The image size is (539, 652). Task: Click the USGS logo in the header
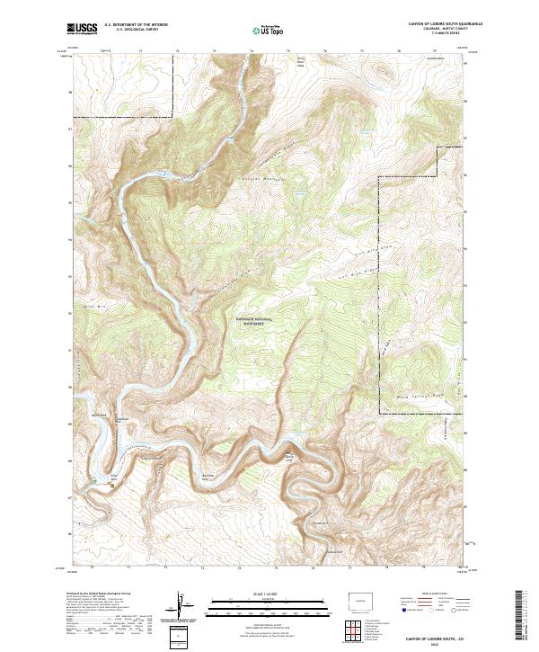click(x=82, y=29)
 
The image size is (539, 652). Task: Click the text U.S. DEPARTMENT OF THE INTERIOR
click(x=137, y=25)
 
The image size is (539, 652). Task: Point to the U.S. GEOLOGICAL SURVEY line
click(x=128, y=31)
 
